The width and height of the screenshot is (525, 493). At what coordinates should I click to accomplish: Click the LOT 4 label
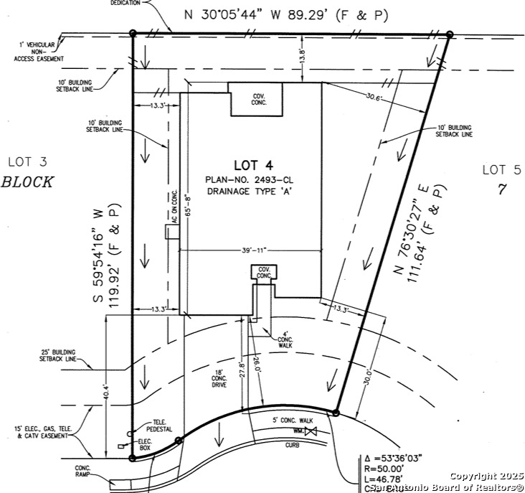click(250, 164)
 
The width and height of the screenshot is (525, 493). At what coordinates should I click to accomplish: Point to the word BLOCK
click(27, 182)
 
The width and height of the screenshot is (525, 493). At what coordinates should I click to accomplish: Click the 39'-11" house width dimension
click(250, 250)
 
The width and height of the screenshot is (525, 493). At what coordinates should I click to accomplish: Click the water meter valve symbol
click(311, 431)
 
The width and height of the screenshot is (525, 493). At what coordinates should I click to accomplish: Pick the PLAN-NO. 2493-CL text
click(249, 179)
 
